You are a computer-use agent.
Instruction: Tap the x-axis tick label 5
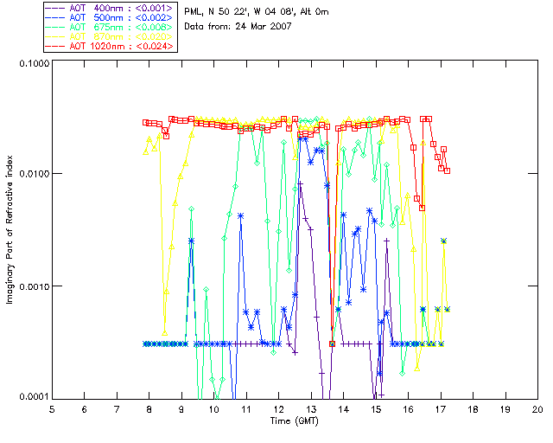pos(52,408)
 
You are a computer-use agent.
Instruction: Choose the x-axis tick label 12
pos(278,408)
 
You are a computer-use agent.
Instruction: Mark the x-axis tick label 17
pos(441,408)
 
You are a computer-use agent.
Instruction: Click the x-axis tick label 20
pos(537,408)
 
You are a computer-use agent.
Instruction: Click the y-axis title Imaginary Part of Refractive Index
pos(11,230)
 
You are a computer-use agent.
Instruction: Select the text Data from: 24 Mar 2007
pos(238,27)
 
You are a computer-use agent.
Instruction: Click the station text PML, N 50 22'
pos(216,12)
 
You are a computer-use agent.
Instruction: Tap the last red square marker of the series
pos(447,170)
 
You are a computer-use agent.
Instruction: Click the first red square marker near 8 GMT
pos(146,122)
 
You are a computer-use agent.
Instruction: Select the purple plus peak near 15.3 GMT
pos(387,240)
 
